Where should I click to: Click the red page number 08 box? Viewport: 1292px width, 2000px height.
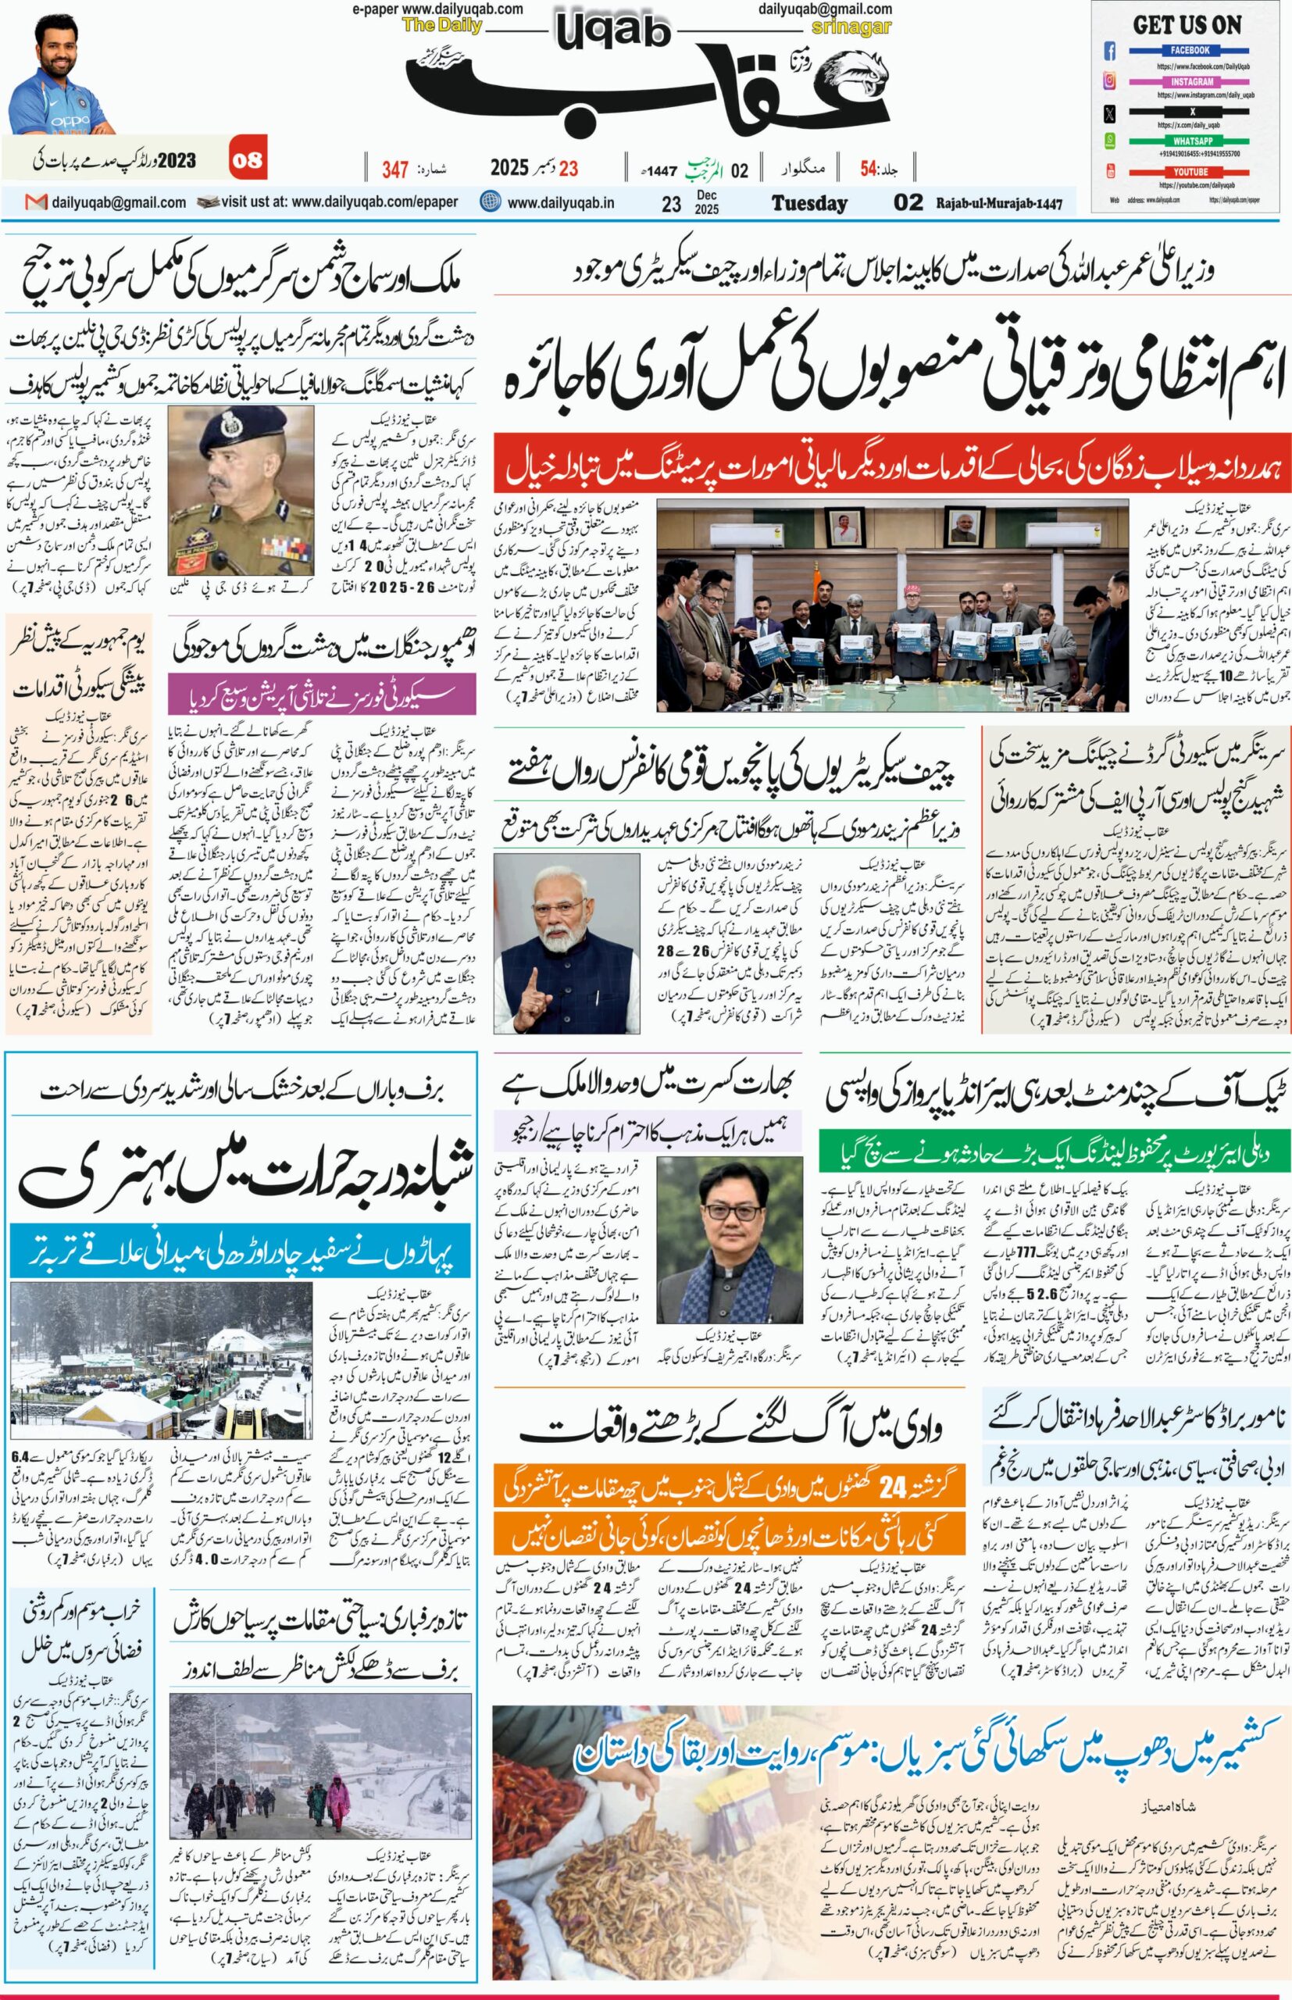[248, 159]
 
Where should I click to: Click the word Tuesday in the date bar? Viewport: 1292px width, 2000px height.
[808, 203]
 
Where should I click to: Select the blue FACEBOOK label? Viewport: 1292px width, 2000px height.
[1190, 50]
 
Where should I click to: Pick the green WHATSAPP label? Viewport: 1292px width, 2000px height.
[1190, 141]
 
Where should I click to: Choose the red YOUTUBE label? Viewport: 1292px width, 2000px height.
[1190, 171]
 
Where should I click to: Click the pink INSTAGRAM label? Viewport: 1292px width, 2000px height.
[1190, 81]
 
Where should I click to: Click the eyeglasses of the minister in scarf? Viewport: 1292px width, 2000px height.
[723, 1212]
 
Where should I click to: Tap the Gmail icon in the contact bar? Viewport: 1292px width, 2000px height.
[35, 202]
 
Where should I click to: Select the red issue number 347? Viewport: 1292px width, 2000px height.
[395, 169]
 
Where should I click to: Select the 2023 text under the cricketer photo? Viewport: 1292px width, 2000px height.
[178, 159]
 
